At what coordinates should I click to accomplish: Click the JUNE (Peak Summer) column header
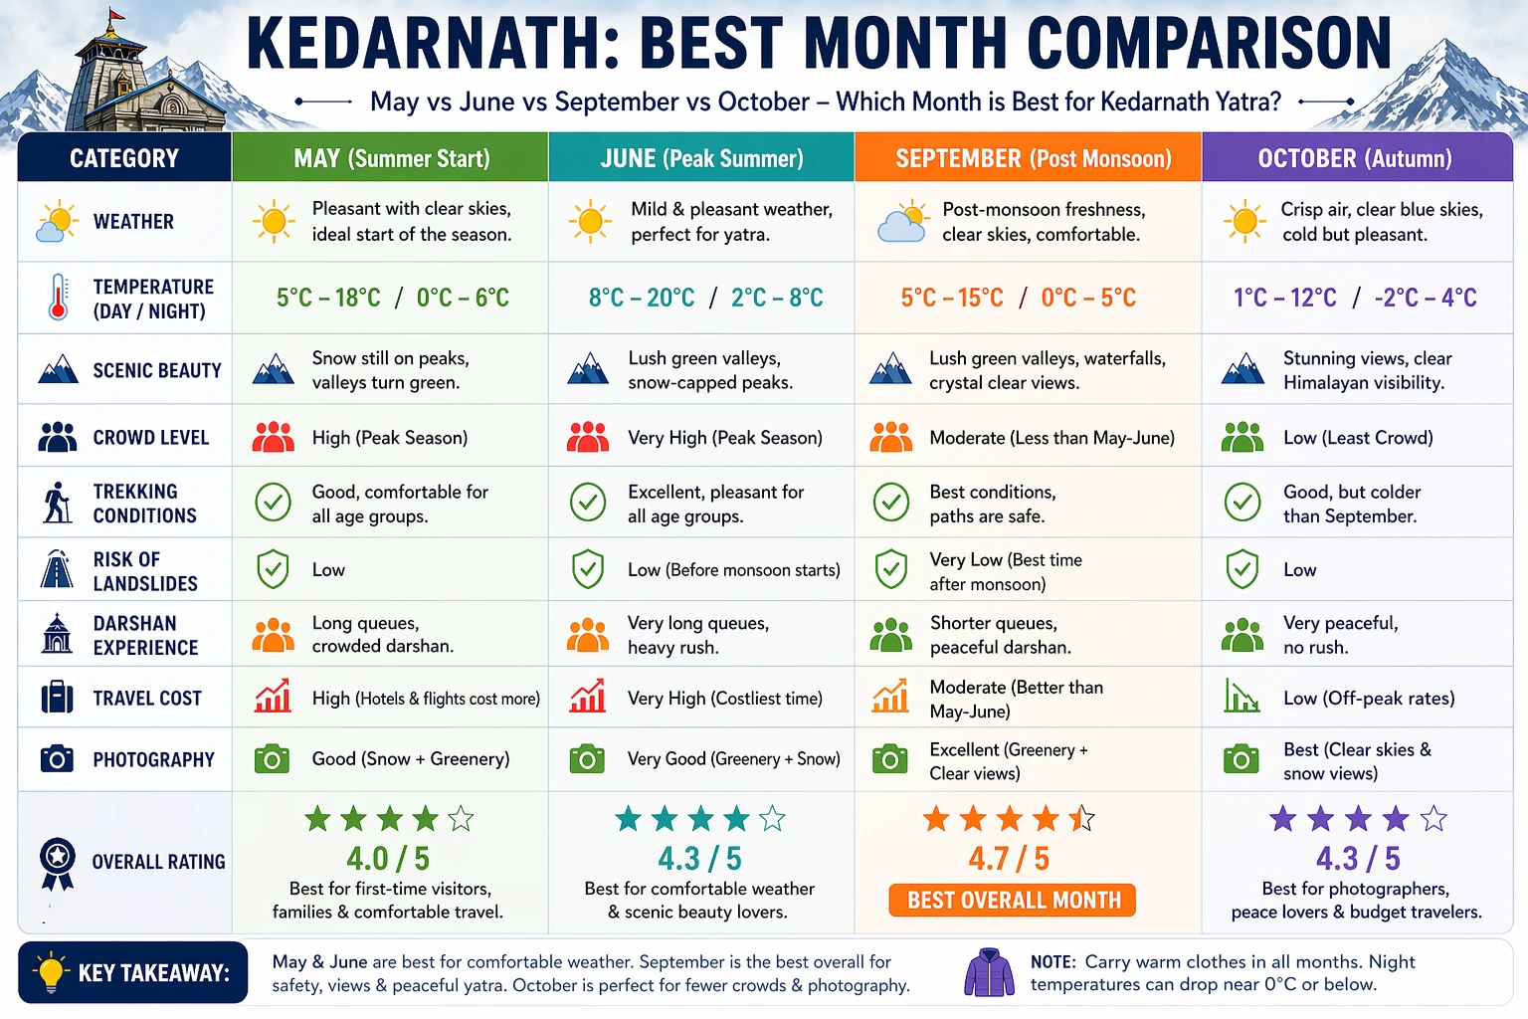(701, 158)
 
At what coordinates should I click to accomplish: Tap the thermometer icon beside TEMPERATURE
(58, 297)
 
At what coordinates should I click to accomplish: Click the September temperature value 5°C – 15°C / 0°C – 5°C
(1018, 298)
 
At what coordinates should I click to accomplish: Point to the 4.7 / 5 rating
(1009, 858)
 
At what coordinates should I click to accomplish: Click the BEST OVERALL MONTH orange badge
(1013, 901)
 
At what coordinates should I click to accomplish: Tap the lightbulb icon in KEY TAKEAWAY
(50, 972)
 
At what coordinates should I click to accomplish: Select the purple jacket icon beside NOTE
(989, 972)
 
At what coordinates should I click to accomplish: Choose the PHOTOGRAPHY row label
(153, 760)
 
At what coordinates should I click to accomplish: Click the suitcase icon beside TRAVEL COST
(58, 698)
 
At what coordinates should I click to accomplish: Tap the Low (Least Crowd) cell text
(1358, 438)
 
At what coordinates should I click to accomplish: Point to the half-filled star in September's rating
(1081, 819)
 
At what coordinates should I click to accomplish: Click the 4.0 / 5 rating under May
(388, 858)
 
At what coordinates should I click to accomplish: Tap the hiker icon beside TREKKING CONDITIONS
(58, 503)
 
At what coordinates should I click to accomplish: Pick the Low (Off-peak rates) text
(1369, 699)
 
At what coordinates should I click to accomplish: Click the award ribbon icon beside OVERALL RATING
(58, 862)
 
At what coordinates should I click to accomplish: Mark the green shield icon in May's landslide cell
(273, 569)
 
